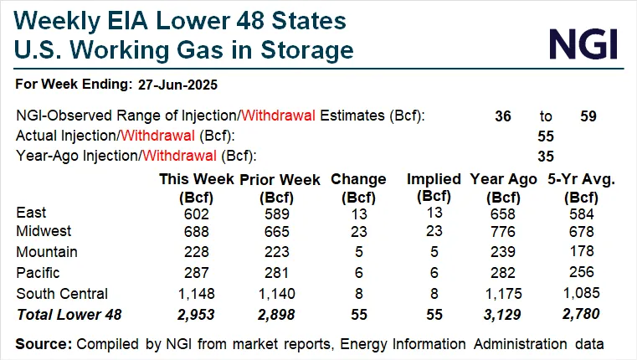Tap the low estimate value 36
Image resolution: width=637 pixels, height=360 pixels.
point(503,116)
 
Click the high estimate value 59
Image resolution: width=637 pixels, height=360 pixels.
point(588,116)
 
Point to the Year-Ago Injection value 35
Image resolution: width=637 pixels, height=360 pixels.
point(546,155)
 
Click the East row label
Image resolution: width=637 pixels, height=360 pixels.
point(32,213)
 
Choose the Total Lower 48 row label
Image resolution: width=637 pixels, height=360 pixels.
point(64,313)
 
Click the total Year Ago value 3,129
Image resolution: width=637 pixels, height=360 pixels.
point(504,313)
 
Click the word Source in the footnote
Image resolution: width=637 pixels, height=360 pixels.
point(42,343)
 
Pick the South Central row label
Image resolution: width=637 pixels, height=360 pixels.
point(61,293)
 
